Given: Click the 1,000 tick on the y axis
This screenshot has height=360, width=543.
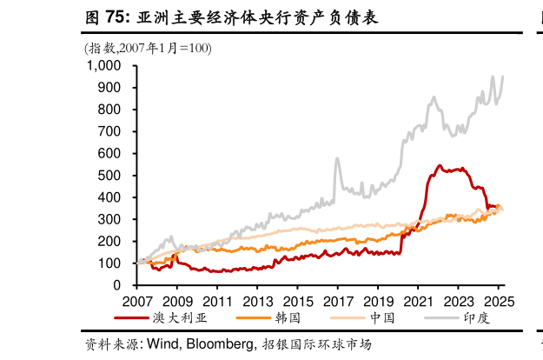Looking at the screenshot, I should pyautogui.click(x=103, y=65).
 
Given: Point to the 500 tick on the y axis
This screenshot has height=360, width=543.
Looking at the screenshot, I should pyautogui.click(x=109, y=175).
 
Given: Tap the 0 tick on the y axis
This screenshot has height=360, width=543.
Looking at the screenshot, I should pyautogui.click(x=117, y=285).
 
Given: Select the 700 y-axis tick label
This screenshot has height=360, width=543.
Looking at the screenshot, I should pyautogui.click(x=109, y=131).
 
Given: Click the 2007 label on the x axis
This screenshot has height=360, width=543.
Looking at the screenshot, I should pyautogui.click(x=136, y=300).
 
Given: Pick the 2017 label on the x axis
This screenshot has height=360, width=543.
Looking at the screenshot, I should pyautogui.click(x=336, y=300).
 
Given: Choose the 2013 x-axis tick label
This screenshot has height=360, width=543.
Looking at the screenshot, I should pyautogui.click(x=256, y=300).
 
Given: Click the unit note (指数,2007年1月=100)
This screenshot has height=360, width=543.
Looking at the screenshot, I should pyautogui.click(x=148, y=48).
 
